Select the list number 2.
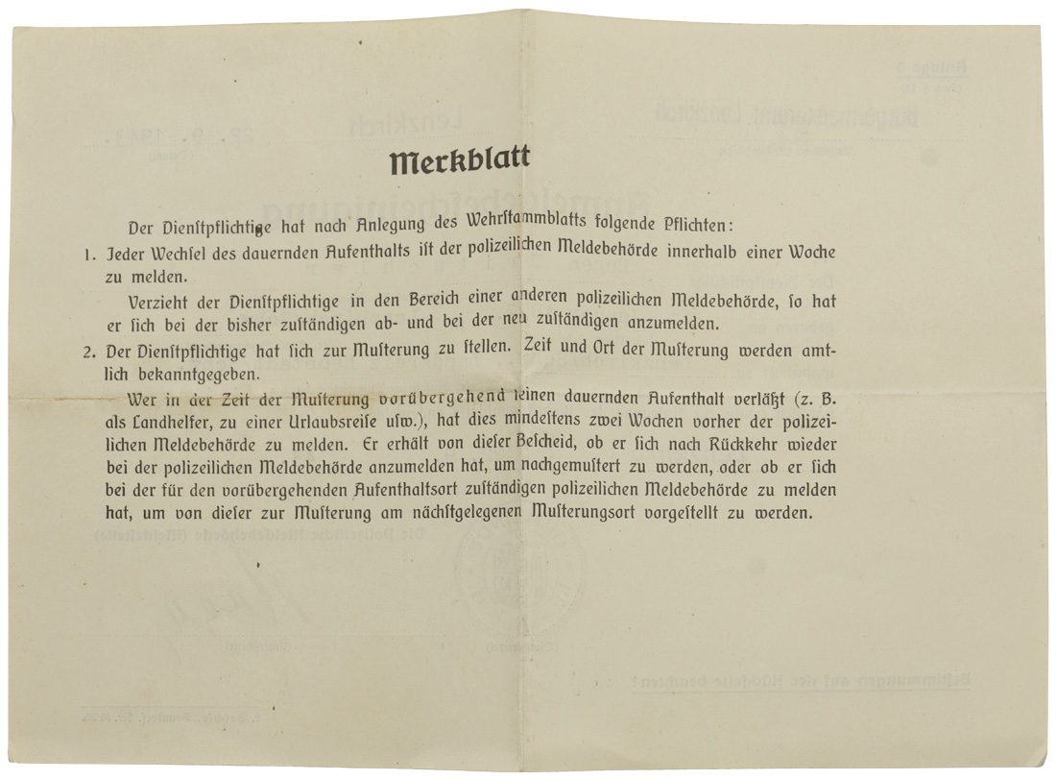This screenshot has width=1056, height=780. (x=88, y=352)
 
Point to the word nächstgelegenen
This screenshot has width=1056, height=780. (x=464, y=514)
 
